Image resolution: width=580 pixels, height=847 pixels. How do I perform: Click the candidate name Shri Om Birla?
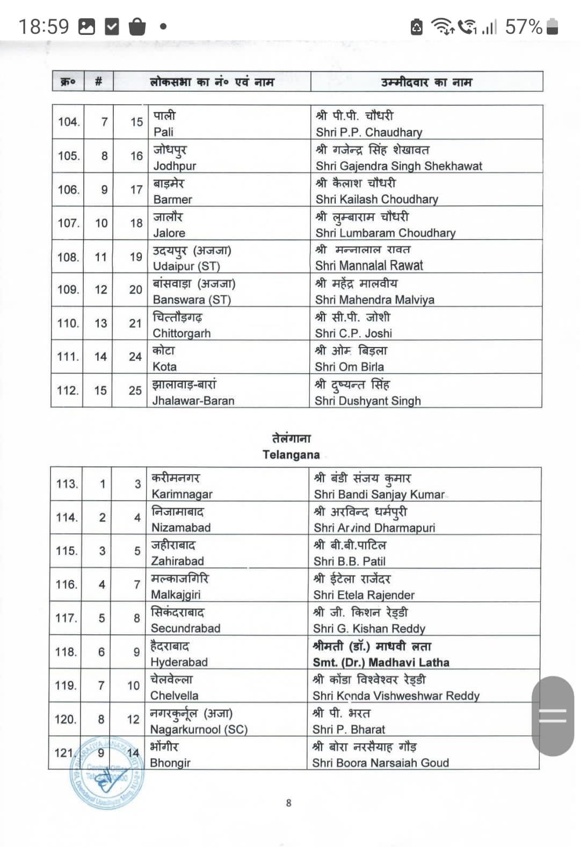coord(349,367)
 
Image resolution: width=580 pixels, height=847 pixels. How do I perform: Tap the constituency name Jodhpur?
coord(175,166)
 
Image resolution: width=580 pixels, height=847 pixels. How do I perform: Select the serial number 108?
coord(68,257)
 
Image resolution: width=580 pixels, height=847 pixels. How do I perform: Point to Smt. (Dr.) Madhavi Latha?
coord(381,662)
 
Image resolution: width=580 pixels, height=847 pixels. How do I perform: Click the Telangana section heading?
coord(291,454)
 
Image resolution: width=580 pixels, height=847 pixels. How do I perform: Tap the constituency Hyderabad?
coord(179,662)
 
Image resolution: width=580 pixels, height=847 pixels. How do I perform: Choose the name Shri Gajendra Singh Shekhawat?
coord(399,166)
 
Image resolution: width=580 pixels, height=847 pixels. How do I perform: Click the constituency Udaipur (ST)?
coord(186,266)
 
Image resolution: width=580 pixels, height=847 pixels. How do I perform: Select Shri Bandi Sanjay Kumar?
coord(379,494)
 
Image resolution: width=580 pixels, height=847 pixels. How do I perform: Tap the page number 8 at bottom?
coord(289,803)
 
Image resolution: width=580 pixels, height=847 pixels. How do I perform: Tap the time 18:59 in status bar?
coord(44,26)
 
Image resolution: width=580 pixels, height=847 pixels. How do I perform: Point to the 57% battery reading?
coord(524,26)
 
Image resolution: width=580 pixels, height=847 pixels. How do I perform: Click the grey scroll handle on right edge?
coord(553,716)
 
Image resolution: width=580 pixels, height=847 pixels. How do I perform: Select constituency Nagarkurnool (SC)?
coord(199,729)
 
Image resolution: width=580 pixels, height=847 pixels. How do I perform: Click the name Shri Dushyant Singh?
coord(368,401)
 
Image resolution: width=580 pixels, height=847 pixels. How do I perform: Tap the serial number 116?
coord(67,584)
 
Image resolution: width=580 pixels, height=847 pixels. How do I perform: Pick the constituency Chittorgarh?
coord(182,334)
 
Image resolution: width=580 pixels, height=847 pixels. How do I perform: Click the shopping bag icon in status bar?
coord(137,26)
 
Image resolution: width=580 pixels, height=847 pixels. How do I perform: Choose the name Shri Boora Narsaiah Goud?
coord(381,763)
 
